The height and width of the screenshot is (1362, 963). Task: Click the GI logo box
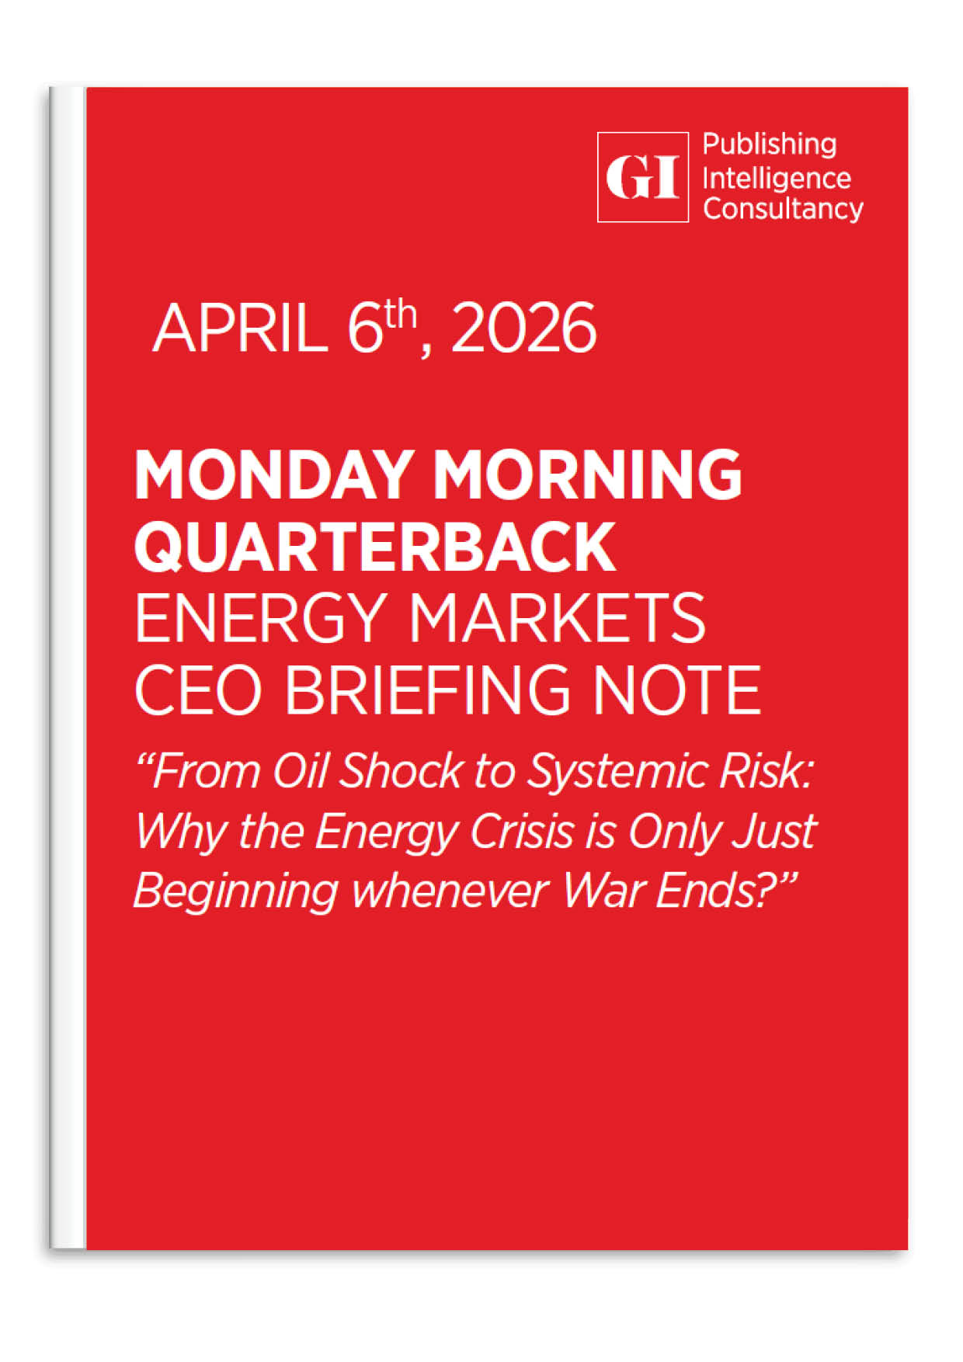pos(642,177)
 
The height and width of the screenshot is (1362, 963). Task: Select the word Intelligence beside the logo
pos(776,179)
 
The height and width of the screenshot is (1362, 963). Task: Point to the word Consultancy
pos(783,210)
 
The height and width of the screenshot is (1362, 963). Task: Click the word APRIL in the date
pos(240,329)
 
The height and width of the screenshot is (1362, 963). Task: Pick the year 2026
pos(524,329)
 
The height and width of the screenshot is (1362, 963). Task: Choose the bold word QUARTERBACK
pos(375,547)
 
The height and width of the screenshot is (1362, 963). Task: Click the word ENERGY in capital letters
pos(260,618)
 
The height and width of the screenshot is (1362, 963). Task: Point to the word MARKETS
pos(557,618)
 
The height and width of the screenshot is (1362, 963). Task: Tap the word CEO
pos(199,690)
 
